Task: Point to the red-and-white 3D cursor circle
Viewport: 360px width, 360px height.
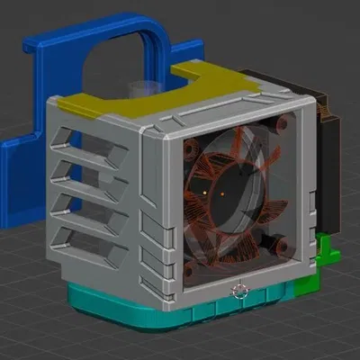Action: pyautogui.click(x=239, y=290)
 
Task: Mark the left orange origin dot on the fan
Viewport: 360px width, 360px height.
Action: pyautogui.click(x=206, y=191)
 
